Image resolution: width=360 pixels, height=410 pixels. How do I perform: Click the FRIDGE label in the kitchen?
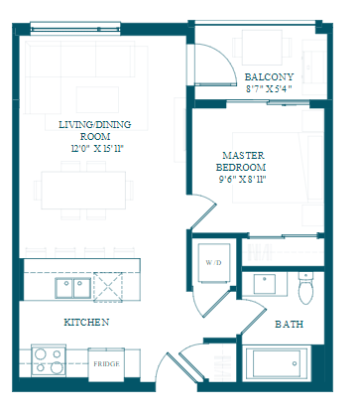coord(106,364)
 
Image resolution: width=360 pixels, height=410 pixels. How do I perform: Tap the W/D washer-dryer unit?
coord(214,263)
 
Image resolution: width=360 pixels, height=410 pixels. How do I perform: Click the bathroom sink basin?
coord(265,284)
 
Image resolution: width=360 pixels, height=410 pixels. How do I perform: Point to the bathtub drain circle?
coord(295,363)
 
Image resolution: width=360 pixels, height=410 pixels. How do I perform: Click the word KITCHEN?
coord(86,322)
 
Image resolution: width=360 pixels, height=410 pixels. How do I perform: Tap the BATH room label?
coord(290,324)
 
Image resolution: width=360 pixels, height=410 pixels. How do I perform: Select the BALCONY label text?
coord(269,77)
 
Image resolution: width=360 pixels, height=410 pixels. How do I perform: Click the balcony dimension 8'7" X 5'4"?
coord(269,89)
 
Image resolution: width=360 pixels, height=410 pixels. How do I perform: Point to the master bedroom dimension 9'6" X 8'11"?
coord(243,180)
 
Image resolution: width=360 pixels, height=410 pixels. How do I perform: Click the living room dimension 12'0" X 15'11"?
coord(97,149)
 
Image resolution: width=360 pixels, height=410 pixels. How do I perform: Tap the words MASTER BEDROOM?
coord(241,161)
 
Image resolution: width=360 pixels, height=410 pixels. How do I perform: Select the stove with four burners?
coord(49,360)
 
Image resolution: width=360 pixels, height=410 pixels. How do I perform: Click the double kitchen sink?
coord(73,288)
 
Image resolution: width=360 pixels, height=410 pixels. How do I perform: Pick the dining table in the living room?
coord(83,191)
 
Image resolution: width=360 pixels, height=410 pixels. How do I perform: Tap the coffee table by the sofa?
coord(97,99)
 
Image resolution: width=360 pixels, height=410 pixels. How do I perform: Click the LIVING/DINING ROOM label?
coord(95,130)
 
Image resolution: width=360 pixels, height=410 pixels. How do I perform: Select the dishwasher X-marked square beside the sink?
coord(108,287)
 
